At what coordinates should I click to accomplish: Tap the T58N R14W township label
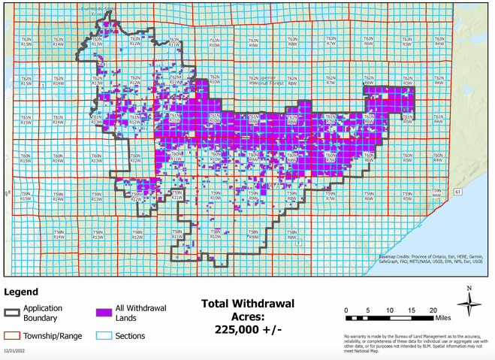(x=59, y=234)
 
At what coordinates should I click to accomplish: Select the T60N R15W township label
(x=26, y=158)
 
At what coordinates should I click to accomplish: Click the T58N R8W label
(x=292, y=234)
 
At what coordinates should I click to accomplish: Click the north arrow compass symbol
(x=469, y=303)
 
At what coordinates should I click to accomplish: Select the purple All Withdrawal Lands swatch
(x=104, y=313)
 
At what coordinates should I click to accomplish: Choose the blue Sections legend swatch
(x=104, y=336)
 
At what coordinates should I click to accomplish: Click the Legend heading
(x=21, y=292)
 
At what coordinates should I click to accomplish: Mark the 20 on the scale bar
(x=433, y=310)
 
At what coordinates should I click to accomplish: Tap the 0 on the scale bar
(x=346, y=310)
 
